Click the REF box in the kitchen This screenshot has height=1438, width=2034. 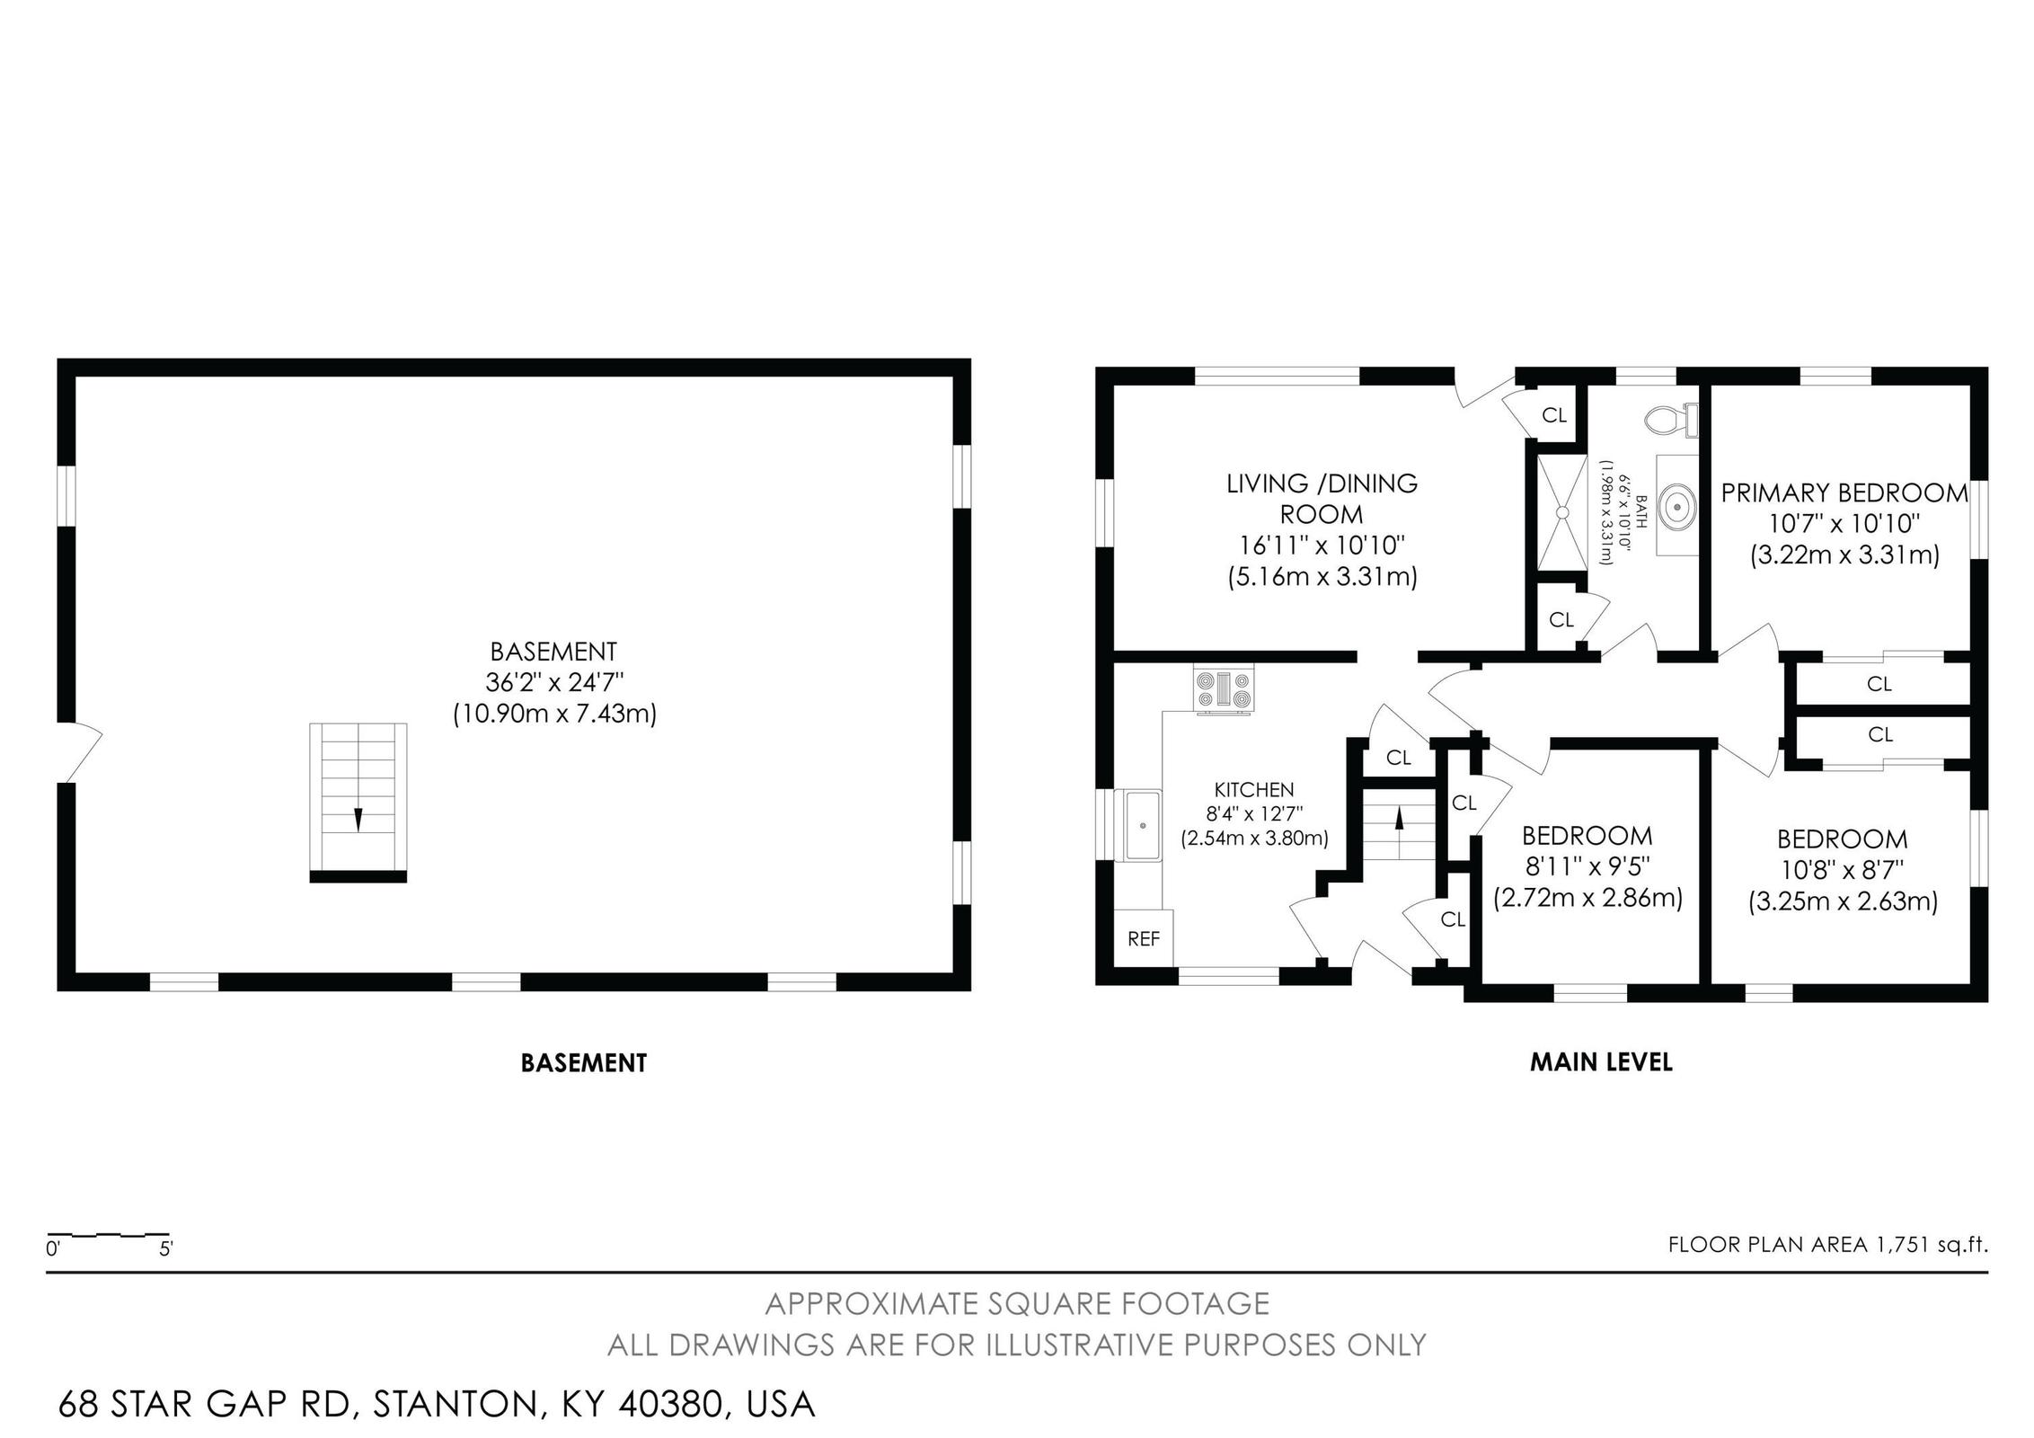click(1144, 938)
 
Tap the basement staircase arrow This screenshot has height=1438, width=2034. click(358, 819)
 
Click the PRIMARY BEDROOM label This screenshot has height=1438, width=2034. click(1844, 493)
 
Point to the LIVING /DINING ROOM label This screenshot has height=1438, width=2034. click(1322, 499)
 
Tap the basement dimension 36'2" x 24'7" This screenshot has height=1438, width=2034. click(553, 682)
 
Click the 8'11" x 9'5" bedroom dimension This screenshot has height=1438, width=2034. click(1587, 866)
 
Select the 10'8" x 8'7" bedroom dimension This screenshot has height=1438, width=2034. click(1842, 869)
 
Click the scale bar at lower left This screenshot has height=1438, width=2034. click(108, 1237)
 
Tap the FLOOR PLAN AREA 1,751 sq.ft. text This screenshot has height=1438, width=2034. click(1827, 1245)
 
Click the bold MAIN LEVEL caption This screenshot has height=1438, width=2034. click(1600, 1062)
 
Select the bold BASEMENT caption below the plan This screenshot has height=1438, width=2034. click(583, 1063)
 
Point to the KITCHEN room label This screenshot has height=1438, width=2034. click(1253, 789)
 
